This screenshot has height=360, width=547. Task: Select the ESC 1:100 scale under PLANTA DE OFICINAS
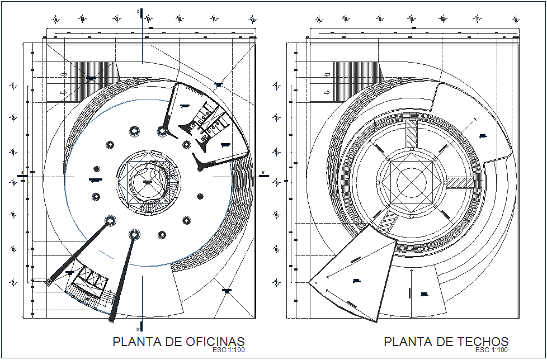[x=229, y=350]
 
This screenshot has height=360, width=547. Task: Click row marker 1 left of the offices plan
[x=12, y=86]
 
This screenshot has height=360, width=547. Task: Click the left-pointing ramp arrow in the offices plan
[x=63, y=74]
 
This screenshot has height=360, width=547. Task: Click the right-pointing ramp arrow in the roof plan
[x=326, y=92]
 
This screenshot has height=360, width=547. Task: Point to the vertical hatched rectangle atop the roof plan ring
[x=412, y=134]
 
